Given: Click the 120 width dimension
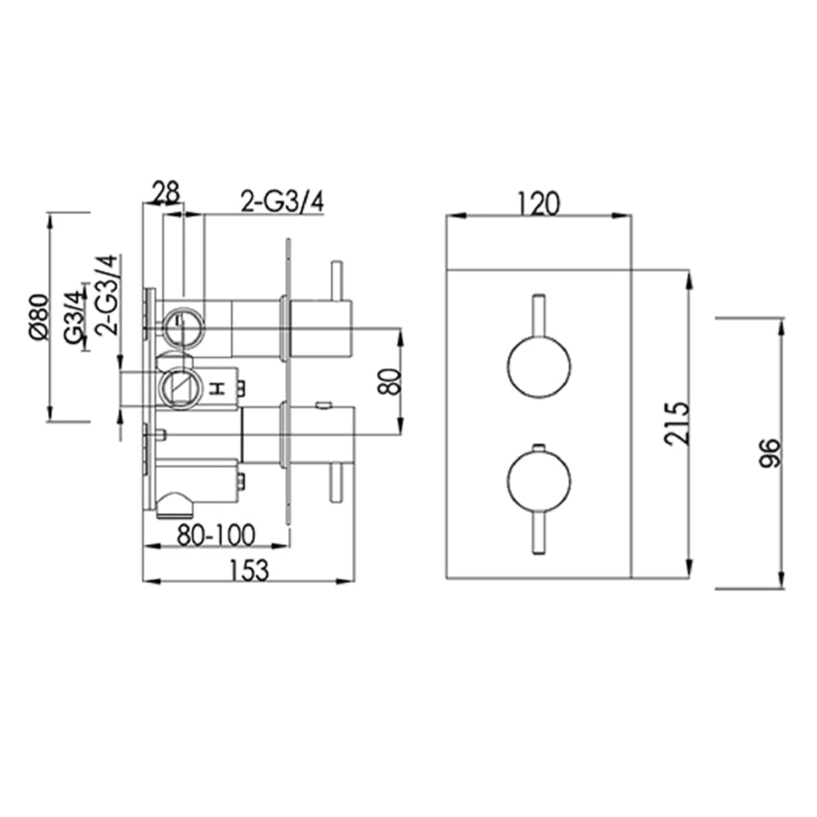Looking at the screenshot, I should (x=538, y=202).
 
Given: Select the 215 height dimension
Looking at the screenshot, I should (x=678, y=422).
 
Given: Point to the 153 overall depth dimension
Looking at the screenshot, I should (x=249, y=569).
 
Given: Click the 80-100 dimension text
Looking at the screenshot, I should (x=217, y=534).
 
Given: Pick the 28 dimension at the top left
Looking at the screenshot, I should (x=165, y=194).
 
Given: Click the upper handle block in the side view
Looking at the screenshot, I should (x=320, y=328).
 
